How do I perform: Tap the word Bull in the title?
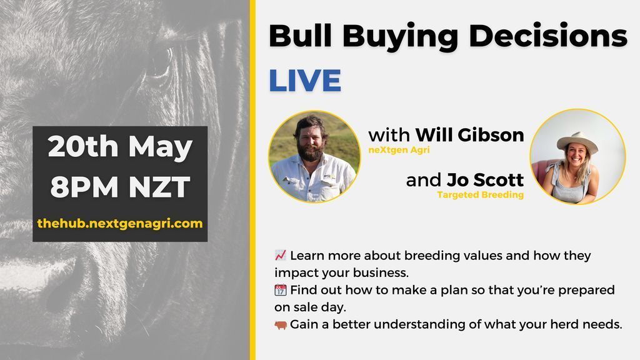point(301,37)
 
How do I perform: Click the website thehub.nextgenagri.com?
point(120,222)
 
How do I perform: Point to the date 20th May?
point(120,147)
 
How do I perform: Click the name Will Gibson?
point(469,134)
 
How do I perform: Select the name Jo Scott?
point(485,181)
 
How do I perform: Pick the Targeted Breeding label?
point(480,196)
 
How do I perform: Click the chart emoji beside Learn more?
point(281,256)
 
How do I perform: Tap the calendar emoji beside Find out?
point(281,290)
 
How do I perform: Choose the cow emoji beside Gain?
point(281,324)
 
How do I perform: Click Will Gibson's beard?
point(312,152)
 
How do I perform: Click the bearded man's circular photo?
point(314,157)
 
